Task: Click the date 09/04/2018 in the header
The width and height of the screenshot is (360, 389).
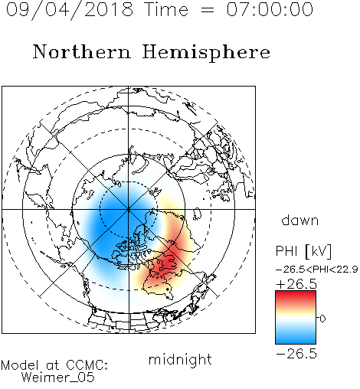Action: click(x=70, y=10)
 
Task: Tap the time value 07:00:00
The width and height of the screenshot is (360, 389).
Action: click(x=270, y=9)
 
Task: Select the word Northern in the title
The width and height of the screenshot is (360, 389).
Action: click(x=82, y=51)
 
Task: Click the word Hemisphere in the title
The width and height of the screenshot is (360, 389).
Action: click(x=206, y=53)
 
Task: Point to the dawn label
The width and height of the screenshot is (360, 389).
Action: click(x=300, y=220)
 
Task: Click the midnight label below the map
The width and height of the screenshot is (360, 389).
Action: click(x=180, y=360)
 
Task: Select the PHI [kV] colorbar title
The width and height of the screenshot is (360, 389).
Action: click(x=303, y=251)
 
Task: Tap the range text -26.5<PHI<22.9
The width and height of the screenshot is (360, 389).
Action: click(x=316, y=270)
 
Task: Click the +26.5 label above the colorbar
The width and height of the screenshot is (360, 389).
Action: click(x=296, y=284)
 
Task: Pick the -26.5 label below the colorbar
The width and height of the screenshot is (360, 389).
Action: click(x=296, y=354)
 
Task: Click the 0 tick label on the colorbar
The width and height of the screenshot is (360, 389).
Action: click(x=322, y=319)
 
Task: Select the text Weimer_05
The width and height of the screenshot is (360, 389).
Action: click(x=58, y=378)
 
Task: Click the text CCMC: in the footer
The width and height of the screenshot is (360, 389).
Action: click(x=87, y=365)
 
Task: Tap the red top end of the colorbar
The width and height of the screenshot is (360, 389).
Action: click(x=296, y=293)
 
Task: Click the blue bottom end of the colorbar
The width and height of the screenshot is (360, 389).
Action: click(x=296, y=342)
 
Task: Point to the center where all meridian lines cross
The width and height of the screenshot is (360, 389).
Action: click(x=129, y=210)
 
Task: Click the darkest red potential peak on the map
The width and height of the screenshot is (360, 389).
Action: click(x=167, y=262)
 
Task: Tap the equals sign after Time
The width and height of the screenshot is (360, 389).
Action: click(x=207, y=10)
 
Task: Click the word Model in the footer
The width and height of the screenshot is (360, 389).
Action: click(x=20, y=365)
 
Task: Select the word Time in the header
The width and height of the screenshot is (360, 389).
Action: click(x=166, y=9)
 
